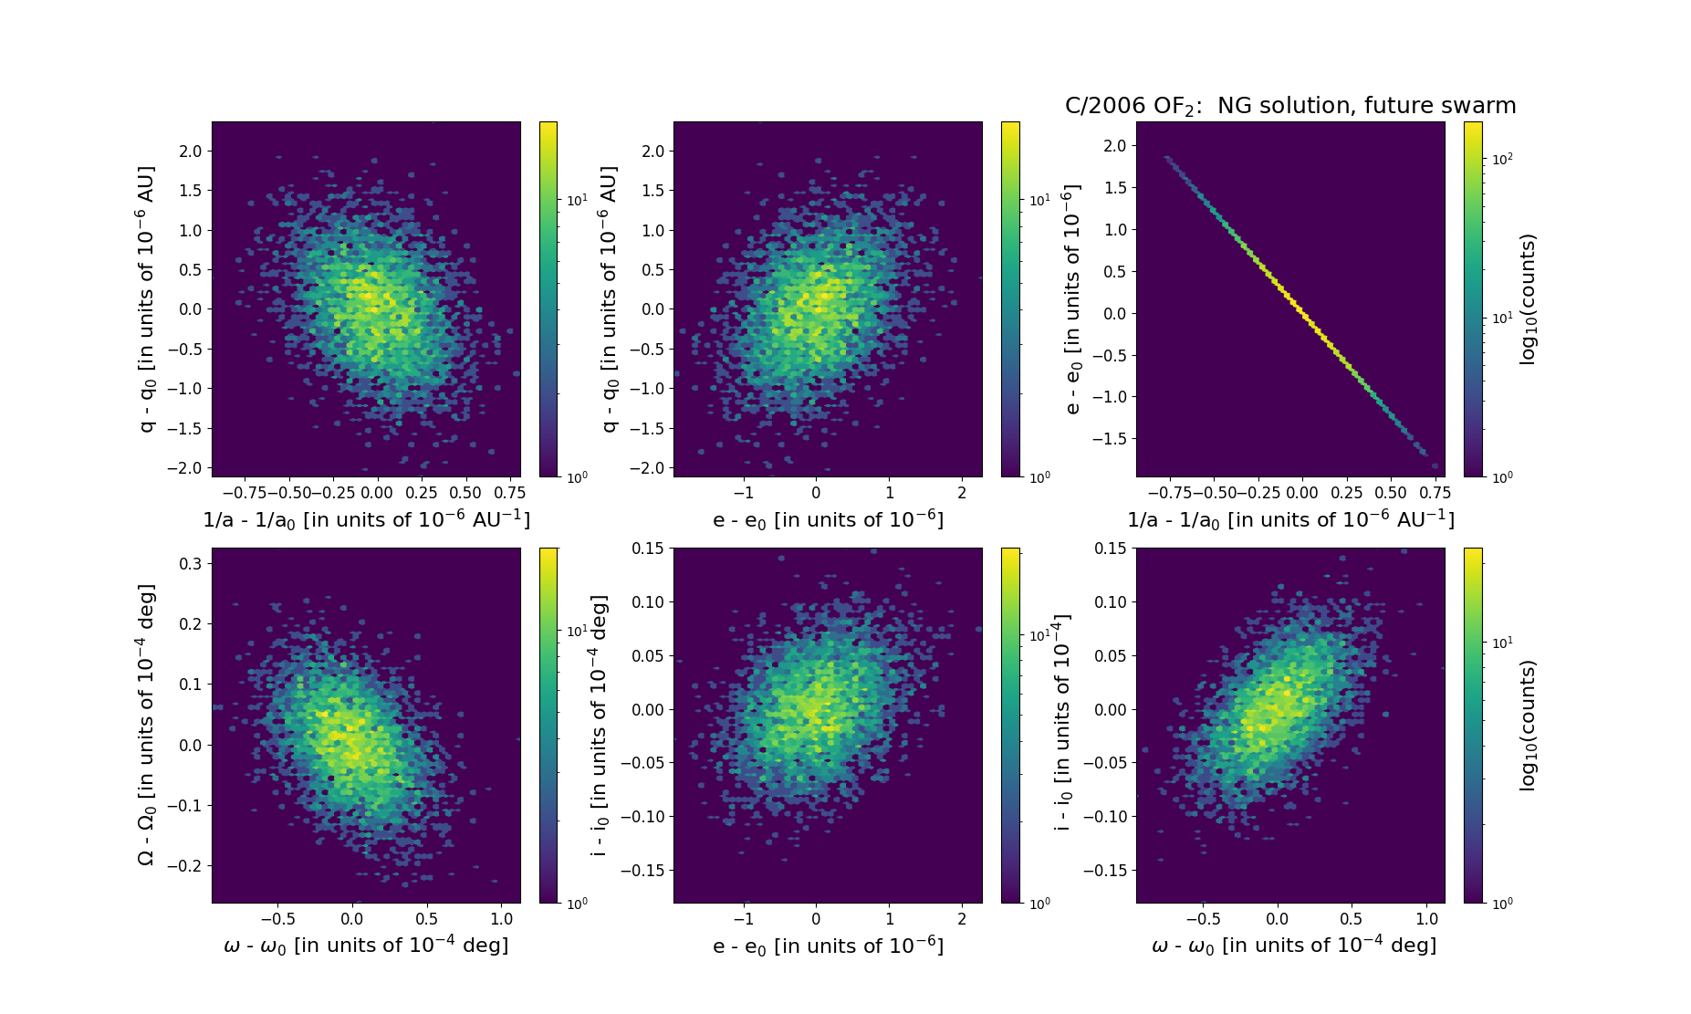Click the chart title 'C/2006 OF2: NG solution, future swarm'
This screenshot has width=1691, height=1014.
click(x=1289, y=107)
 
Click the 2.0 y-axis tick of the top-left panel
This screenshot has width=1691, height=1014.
click(x=190, y=152)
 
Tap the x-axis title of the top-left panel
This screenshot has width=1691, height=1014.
click(x=366, y=519)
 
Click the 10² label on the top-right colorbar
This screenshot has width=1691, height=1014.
click(x=1501, y=159)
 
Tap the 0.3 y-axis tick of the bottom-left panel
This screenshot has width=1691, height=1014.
click(x=190, y=564)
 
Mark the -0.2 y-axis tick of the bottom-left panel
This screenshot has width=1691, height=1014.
click(x=185, y=866)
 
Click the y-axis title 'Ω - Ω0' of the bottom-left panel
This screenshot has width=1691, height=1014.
click(x=147, y=726)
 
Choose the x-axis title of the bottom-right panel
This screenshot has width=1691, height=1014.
click(x=1294, y=946)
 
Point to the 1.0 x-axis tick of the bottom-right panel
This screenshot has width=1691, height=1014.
click(x=1426, y=919)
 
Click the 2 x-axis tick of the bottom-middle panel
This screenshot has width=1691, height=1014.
click(x=962, y=919)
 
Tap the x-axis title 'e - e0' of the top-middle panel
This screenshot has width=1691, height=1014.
click(x=828, y=519)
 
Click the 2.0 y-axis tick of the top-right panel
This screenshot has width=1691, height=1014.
click(x=1114, y=146)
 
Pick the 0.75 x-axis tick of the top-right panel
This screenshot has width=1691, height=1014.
click(x=1435, y=493)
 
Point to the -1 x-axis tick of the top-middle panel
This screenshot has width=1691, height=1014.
click(x=744, y=493)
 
